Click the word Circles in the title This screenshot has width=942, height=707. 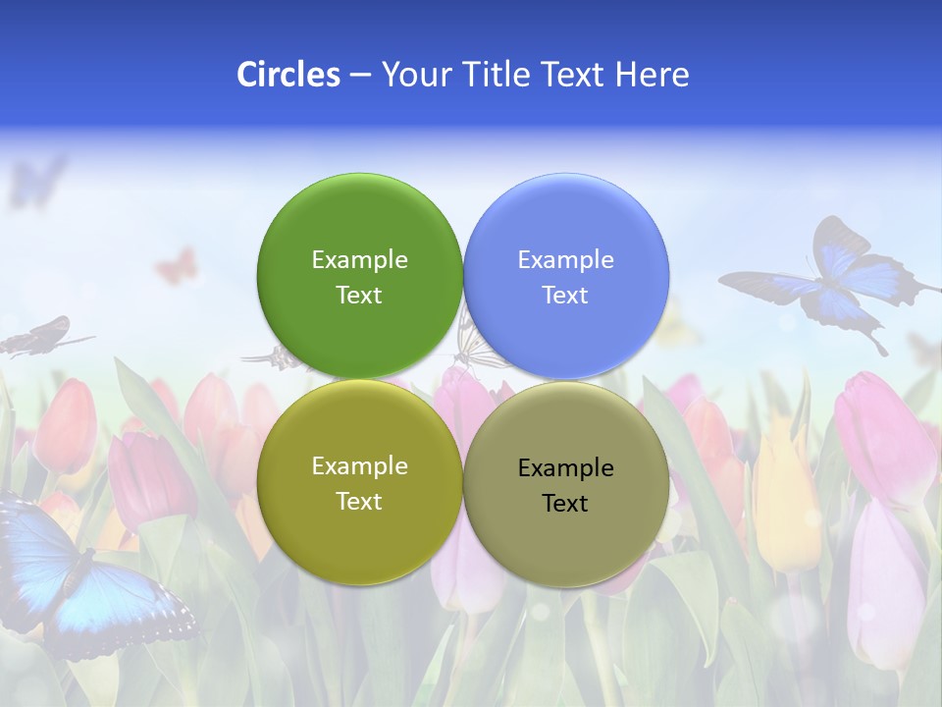[x=288, y=75]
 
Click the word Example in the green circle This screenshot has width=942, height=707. [x=359, y=259]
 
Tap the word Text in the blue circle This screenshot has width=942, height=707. [x=565, y=295]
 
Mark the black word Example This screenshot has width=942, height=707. [x=565, y=467]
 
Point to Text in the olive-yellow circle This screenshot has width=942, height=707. [x=359, y=501]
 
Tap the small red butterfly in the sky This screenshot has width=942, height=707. [x=177, y=265]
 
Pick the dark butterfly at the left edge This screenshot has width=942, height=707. [x=39, y=336]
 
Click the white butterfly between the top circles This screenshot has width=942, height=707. [x=476, y=344]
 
